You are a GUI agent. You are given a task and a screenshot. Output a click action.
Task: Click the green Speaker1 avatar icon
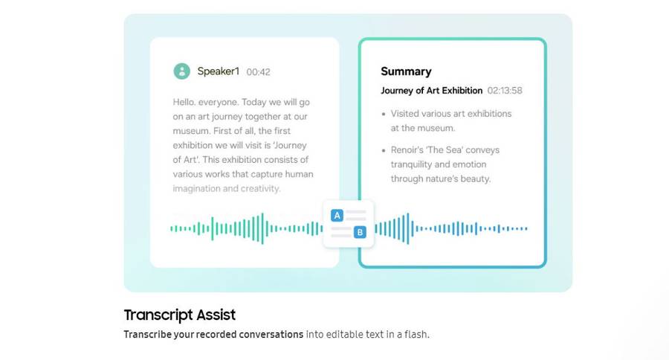(x=182, y=71)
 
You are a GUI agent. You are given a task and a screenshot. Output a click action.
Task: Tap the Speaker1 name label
(x=218, y=71)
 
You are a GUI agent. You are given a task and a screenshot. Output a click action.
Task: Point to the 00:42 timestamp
(x=258, y=72)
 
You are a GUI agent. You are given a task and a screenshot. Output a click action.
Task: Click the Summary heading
(x=406, y=71)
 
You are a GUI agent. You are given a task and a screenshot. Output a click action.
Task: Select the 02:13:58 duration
(x=505, y=91)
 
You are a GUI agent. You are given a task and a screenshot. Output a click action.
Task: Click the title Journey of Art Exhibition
(x=431, y=91)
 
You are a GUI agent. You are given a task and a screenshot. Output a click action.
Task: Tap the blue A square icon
(x=337, y=216)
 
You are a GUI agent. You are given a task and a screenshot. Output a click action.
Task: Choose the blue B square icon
(x=360, y=232)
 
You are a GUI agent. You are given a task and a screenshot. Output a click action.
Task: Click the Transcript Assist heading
(x=180, y=315)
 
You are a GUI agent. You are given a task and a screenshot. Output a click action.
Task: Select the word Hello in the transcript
(x=184, y=102)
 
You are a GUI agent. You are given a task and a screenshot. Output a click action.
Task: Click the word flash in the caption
(x=416, y=335)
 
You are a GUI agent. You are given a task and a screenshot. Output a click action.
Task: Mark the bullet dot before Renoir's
(x=384, y=151)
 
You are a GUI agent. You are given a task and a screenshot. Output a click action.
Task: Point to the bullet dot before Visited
(x=384, y=115)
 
